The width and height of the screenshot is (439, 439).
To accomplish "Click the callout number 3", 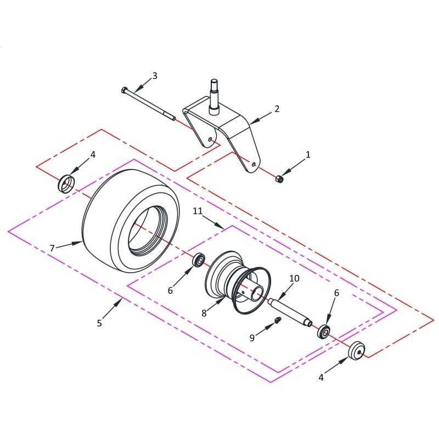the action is pyautogui.click(x=155, y=76).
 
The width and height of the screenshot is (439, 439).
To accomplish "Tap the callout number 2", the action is pyautogui.click(x=277, y=109).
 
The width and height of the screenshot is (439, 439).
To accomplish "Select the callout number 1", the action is pyautogui.click(x=308, y=155).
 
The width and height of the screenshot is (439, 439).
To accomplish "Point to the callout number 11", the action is pyautogui.click(x=198, y=211).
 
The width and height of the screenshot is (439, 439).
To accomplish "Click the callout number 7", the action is pyautogui.click(x=52, y=248).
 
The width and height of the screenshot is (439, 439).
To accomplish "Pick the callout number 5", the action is pyautogui.click(x=99, y=323).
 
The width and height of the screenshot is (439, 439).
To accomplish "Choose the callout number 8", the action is pyautogui.click(x=204, y=313).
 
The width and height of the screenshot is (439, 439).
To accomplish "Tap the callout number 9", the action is pyautogui.click(x=252, y=338).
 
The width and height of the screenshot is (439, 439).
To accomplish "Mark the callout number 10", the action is pyautogui.click(x=294, y=278).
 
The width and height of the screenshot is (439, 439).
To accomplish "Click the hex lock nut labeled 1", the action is pyautogui.click(x=279, y=178).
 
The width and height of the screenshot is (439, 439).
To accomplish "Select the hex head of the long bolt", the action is pyautogui.click(x=125, y=91).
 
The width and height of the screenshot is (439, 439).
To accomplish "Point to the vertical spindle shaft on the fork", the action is pyautogui.click(x=214, y=97).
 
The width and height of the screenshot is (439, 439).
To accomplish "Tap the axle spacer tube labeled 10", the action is pyautogui.click(x=290, y=312).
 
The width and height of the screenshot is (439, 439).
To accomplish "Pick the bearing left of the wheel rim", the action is pyautogui.click(x=199, y=260).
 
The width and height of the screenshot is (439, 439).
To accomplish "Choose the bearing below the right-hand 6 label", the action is pyautogui.click(x=324, y=331).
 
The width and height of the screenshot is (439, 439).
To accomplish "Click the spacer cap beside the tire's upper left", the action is pyautogui.click(x=66, y=183).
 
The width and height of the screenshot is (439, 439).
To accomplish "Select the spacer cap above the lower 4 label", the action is pyautogui.click(x=356, y=350).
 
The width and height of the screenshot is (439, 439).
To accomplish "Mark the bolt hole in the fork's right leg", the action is pyautogui.click(x=254, y=165).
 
